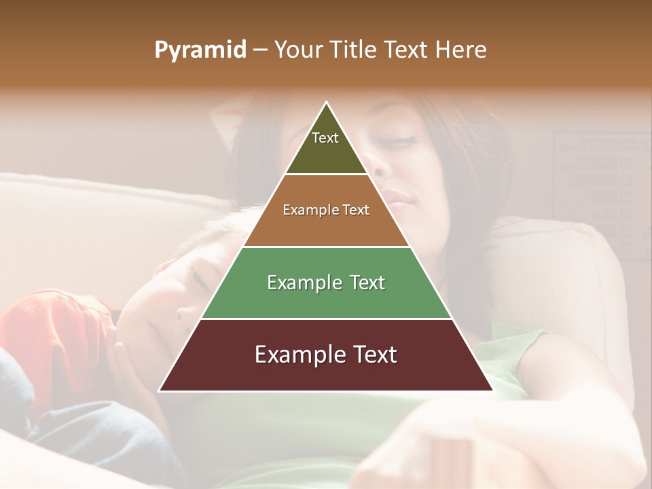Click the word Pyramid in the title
pyautogui.click(x=200, y=50)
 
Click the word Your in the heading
pyautogui.click(x=298, y=50)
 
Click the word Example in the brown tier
pyautogui.click(x=303, y=211)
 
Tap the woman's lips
pyautogui.click(x=397, y=198)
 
